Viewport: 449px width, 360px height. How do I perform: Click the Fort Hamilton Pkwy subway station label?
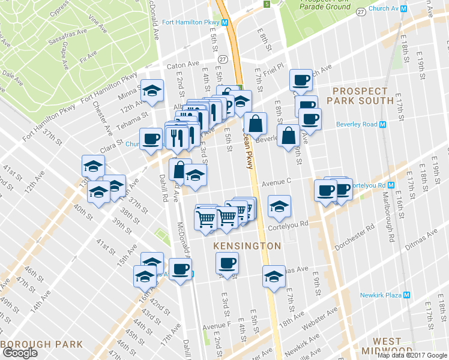tap(191, 23)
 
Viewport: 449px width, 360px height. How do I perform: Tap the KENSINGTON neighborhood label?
tap(247, 246)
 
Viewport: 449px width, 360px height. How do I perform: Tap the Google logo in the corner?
tap(20, 353)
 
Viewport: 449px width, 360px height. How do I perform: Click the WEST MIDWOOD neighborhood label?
tap(387, 346)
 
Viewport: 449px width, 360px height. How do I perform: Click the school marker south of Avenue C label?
tap(279, 206)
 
